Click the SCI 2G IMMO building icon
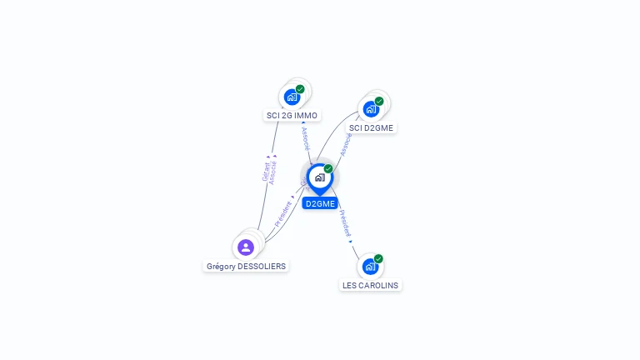pyautogui.click(x=292, y=97)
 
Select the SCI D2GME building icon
pyautogui.click(x=371, y=108)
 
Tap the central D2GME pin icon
pyautogui.click(x=319, y=177)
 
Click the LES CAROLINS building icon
pyautogui.click(x=370, y=267)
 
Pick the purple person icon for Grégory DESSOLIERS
pyautogui.click(x=246, y=247)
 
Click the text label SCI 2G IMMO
pyautogui.click(x=292, y=116)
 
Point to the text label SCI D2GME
pyautogui.click(x=372, y=127)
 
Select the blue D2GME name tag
pyautogui.click(x=320, y=203)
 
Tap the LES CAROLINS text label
pyautogui.click(x=371, y=285)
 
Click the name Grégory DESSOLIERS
pyautogui.click(x=246, y=267)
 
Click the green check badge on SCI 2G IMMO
pyautogui.click(x=300, y=89)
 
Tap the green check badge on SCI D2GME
pyautogui.click(x=379, y=101)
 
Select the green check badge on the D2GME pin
pyautogui.click(x=328, y=168)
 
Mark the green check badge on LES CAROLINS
pyautogui.click(x=378, y=258)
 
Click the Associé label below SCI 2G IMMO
pyautogui.click(x=306, y=138)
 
